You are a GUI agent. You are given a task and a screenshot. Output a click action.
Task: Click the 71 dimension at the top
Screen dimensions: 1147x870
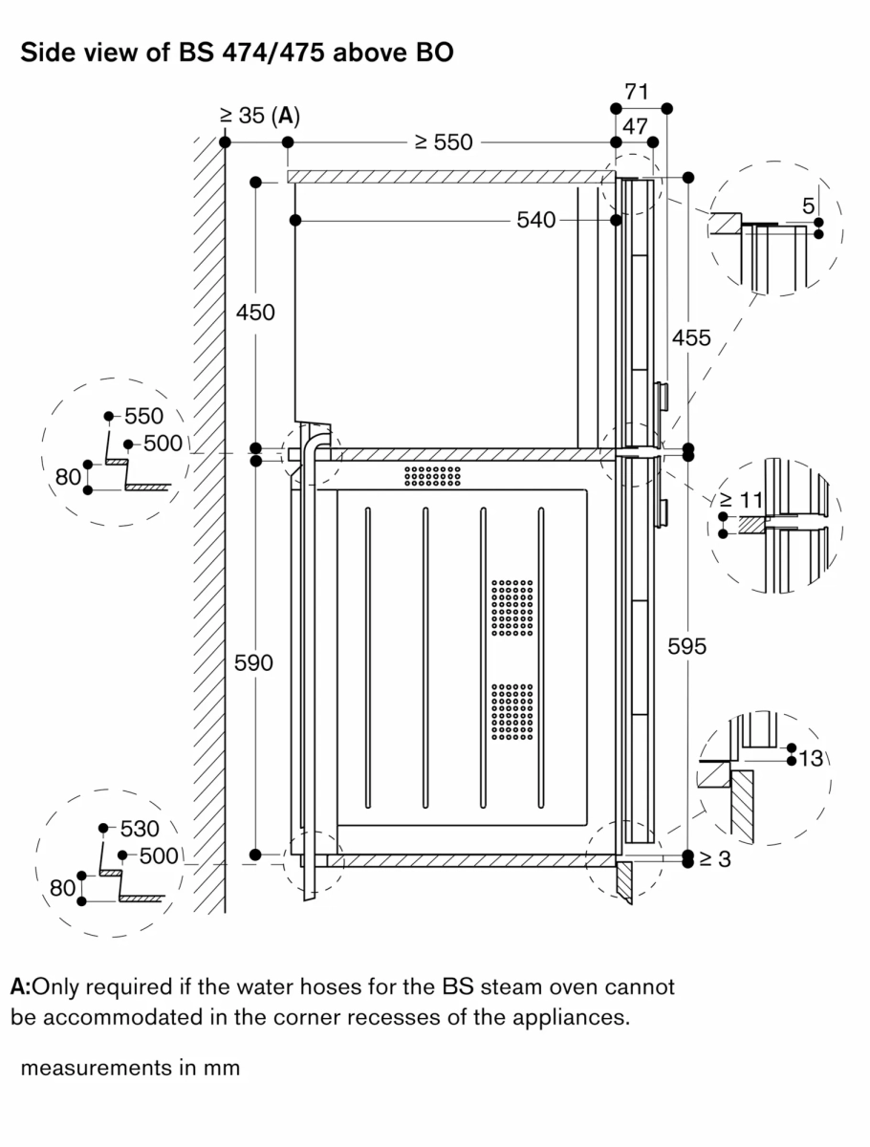tap(636, 93)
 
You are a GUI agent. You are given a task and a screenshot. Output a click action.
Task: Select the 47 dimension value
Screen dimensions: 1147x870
tap(636, 125)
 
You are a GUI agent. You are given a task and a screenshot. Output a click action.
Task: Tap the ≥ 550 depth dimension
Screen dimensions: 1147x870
tap(444, 142)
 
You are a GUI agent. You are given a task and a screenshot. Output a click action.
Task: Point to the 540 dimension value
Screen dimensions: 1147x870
tap(535, 221)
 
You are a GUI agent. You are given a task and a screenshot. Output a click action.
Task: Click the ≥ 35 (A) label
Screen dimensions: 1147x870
tap(259, 117)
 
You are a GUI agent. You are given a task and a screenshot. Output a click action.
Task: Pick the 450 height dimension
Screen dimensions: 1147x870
tap(255, 313)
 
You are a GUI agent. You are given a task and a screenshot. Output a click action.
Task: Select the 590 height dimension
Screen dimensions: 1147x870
tap(254, 662)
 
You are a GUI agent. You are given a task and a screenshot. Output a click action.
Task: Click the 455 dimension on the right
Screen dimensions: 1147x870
tap(690, 337)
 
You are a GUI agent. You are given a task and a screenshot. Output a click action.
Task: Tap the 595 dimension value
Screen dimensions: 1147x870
tap(686, 647)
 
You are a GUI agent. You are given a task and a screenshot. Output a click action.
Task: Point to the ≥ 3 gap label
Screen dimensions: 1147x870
tap(714, 859)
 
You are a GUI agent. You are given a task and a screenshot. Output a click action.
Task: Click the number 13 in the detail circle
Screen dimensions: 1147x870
tap(811, 759)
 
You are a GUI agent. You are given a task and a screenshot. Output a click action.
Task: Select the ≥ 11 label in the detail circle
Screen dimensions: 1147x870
tap(737, 500)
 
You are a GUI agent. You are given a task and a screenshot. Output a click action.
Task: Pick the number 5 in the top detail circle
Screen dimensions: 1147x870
tap(809, 205)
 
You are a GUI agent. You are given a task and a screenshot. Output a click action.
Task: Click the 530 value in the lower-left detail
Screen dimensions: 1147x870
tap(140, 828)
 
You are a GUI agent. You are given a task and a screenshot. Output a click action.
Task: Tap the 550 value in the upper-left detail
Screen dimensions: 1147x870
tap(143, 416)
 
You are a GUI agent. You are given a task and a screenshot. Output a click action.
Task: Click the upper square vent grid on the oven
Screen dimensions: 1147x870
tap(512, 608)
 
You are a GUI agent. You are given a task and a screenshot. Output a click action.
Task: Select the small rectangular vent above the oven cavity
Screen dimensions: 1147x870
tap(432, 476)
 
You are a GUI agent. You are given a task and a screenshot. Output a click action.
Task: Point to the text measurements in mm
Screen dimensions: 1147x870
tap(130, 1068)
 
